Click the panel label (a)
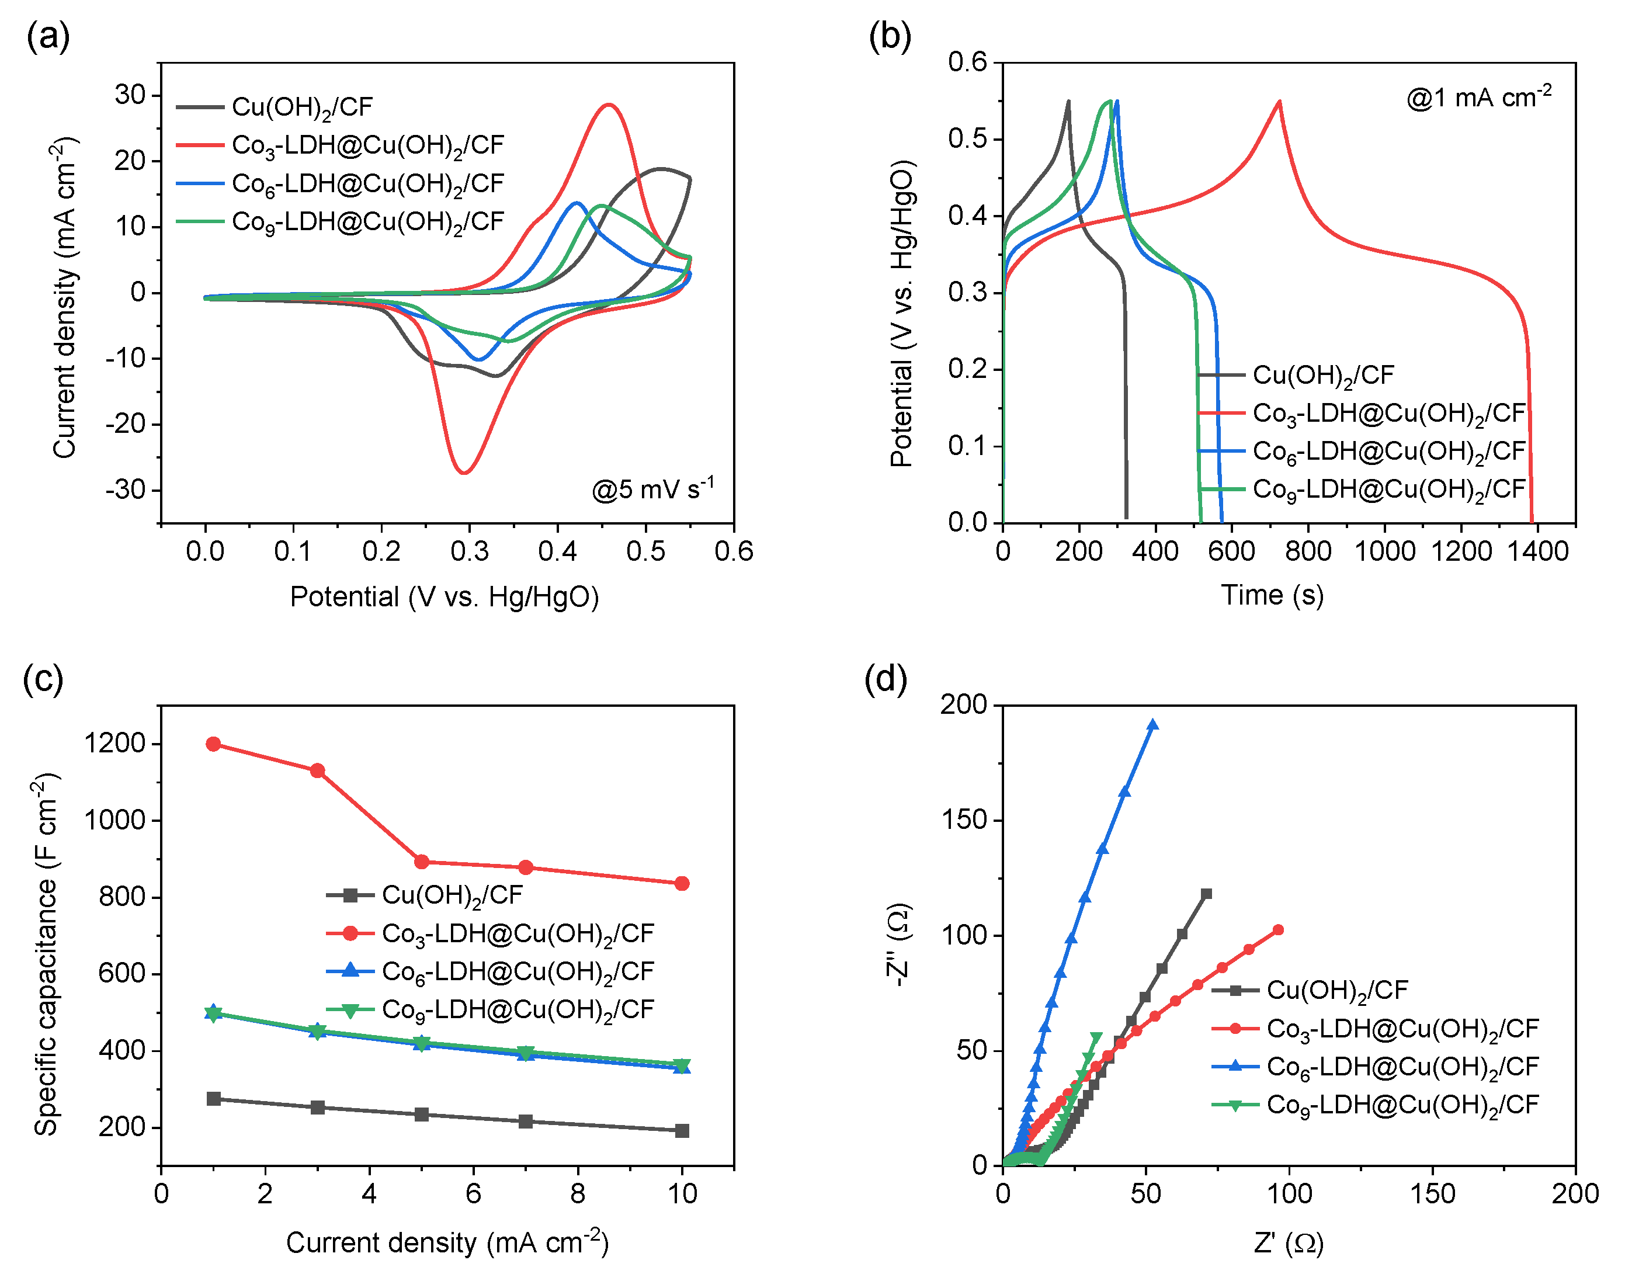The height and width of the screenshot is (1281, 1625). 48,37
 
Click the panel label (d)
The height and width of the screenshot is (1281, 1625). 886,679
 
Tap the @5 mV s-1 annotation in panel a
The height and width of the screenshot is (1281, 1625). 652,488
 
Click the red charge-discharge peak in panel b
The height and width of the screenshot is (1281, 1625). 1279,101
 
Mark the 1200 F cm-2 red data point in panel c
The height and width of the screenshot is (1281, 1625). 214,744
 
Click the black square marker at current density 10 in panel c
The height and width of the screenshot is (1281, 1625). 682,1130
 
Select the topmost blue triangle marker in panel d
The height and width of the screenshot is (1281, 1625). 1152,724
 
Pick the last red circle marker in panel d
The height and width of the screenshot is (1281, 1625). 1279,930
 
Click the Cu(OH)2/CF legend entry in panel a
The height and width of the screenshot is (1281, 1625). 275,106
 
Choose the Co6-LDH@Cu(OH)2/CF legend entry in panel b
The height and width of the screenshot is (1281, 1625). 1362,451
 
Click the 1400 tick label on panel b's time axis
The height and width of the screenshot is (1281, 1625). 1538,552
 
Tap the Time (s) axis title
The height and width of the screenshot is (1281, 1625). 1273,595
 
